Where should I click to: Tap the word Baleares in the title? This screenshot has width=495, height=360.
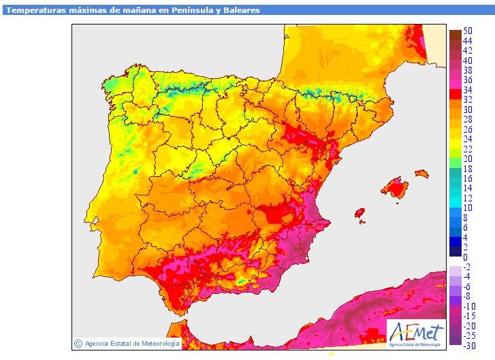tap(237, 10)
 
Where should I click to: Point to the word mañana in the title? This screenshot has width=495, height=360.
tap(128, 10)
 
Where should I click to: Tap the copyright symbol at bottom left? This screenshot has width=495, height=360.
tap(78, 344)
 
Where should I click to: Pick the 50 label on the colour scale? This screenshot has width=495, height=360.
tap(468, 31)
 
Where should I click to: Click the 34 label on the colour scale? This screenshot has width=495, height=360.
tap(468, 90)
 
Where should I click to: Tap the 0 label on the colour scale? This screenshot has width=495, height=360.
tap(466, 257)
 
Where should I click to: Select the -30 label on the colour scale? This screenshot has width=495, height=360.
tap(469, 346)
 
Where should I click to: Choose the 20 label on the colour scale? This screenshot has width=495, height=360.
tap(468, 159)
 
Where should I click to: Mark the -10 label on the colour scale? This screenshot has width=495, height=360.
tap(469, 306)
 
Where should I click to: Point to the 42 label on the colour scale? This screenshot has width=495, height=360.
tap(468, 50)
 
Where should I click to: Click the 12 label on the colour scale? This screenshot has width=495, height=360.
tap(468, 198)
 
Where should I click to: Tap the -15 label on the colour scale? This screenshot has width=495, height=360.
tap(469, 316)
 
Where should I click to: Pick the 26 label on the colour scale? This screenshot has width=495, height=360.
tap(468, 129)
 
